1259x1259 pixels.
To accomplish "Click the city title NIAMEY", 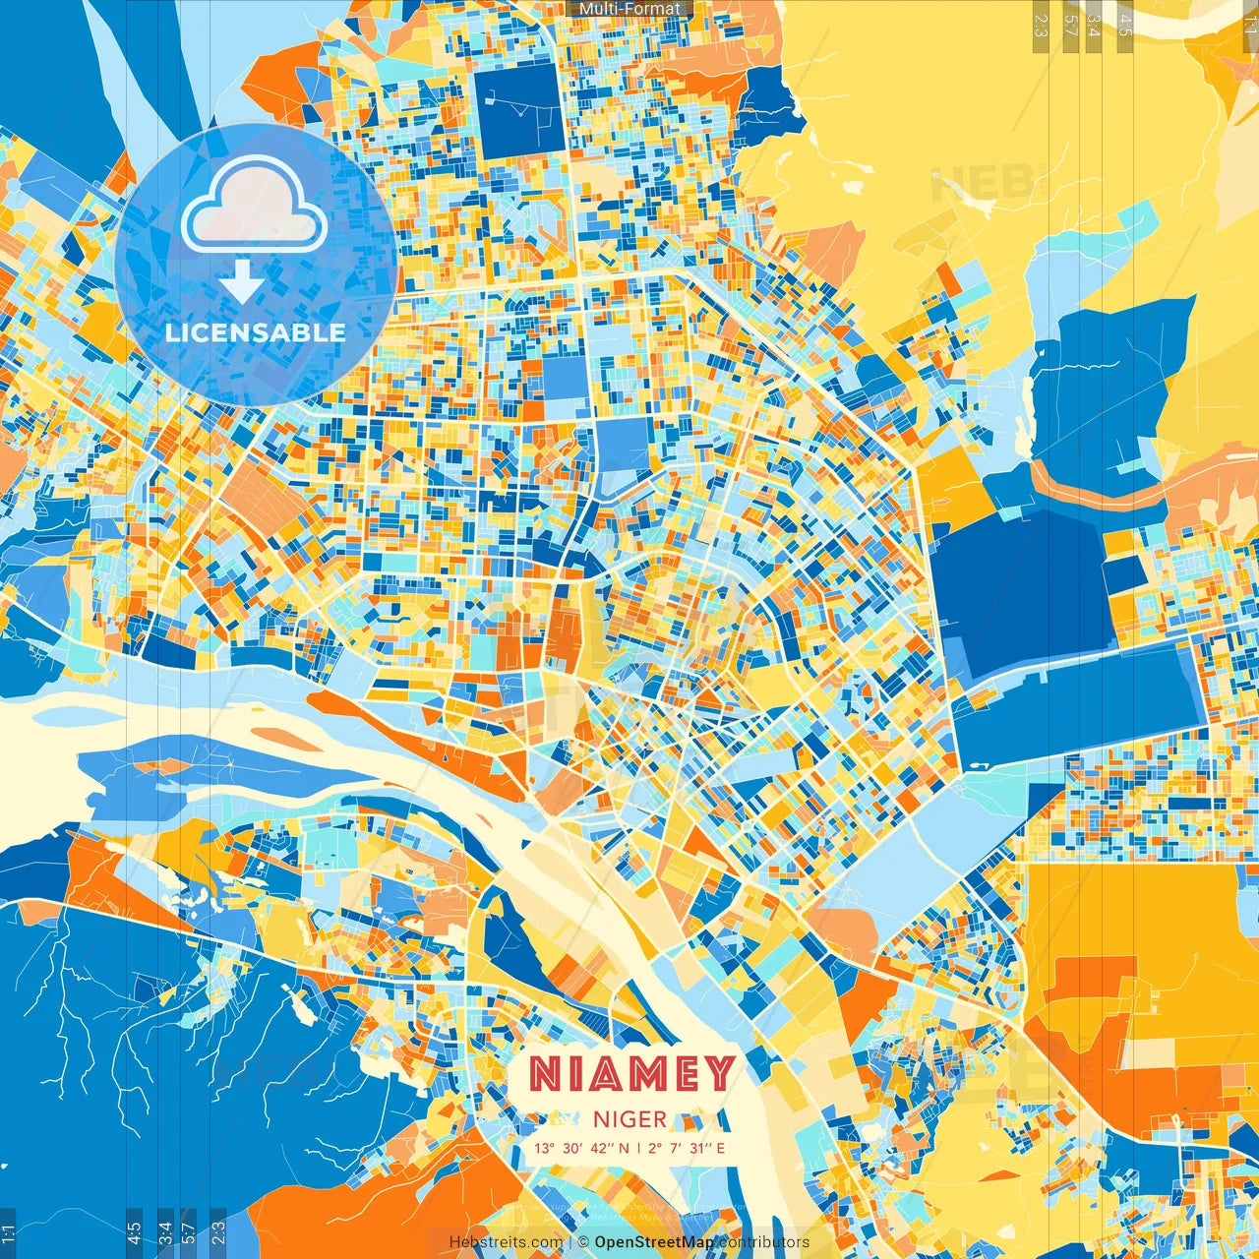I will (631, 1073).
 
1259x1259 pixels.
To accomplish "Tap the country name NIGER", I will (630, 1119).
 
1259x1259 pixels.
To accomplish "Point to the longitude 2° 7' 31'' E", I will (687, 1148).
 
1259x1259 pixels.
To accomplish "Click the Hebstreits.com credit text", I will (506, 1242).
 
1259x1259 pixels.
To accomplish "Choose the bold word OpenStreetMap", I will (654, 1242).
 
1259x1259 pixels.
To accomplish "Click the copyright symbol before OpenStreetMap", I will (583, 1242).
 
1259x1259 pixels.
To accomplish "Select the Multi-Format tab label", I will (629, 9).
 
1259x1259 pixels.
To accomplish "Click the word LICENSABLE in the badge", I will (256, 332).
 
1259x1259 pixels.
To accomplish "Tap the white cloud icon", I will (255, 206).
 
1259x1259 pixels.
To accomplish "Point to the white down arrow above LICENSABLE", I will (242, 280).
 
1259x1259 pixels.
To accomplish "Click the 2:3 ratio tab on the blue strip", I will (217, 1230).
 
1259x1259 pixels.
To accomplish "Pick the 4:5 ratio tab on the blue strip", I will (134, 1230).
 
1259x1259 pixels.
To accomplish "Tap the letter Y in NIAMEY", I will (719, 1073).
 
